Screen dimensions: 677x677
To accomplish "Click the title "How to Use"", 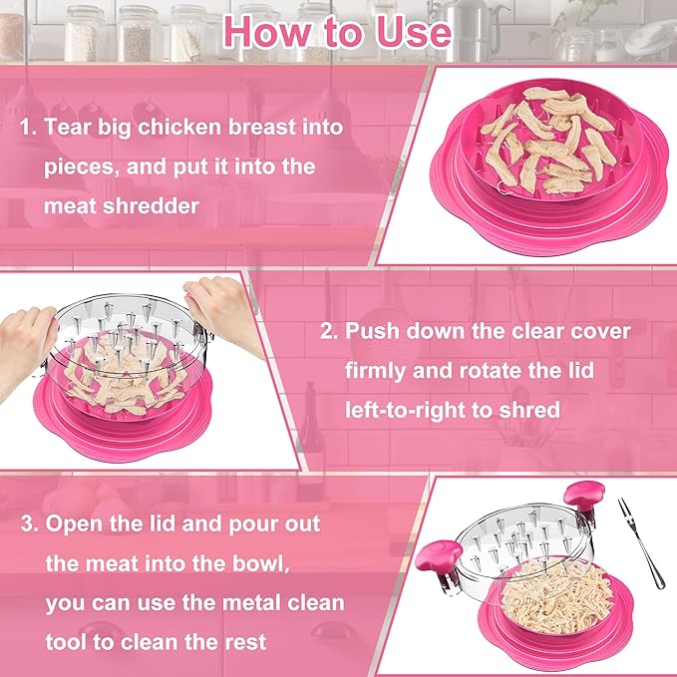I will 337,32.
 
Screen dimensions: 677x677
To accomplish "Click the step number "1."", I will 29,128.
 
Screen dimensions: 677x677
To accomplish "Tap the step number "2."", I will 329,330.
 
